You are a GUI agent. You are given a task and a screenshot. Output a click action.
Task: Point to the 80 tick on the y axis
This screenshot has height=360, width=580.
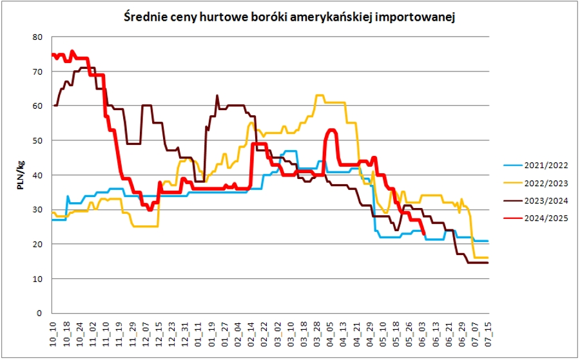click(38, 37)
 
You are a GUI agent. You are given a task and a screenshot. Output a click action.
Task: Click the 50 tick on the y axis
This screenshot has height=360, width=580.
click(38, 140)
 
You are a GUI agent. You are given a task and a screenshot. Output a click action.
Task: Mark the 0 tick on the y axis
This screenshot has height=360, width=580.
click(40, 314)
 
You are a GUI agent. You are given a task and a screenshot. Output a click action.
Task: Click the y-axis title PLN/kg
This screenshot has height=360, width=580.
click(22, 175)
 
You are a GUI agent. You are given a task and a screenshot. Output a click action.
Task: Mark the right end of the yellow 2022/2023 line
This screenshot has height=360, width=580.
click(488, 258)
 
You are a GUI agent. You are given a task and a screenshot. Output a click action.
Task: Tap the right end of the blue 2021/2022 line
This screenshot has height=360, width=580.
click(488, 241)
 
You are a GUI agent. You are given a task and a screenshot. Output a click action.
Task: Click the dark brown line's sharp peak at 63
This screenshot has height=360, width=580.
click(217, 96)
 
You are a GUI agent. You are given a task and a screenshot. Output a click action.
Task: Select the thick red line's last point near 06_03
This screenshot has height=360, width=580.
click(423, 234)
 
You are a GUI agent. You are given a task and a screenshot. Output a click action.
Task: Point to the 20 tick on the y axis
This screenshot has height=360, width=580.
click(38, 244)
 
